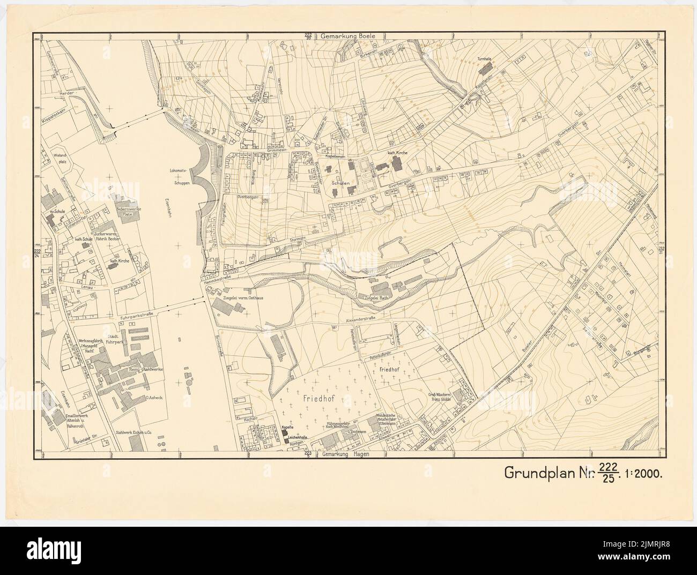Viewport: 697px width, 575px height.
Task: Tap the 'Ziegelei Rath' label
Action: tap(377, 297)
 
